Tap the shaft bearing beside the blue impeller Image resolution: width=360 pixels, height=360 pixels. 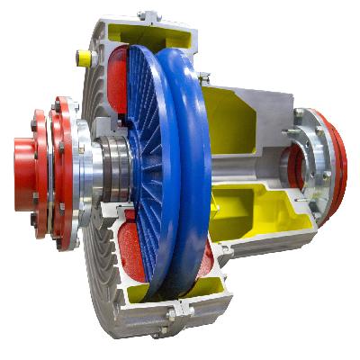tap(114, 167)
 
